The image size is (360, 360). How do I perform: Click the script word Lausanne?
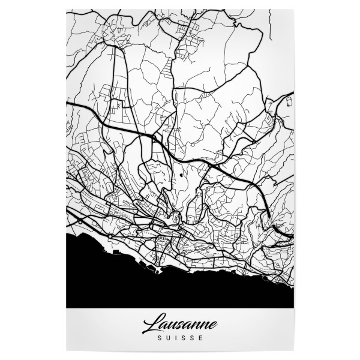coord(179,326)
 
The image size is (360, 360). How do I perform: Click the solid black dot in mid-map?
coord(181,176)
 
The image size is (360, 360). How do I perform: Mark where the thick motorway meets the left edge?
coord(67,104)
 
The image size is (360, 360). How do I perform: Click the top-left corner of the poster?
coord(65,8)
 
